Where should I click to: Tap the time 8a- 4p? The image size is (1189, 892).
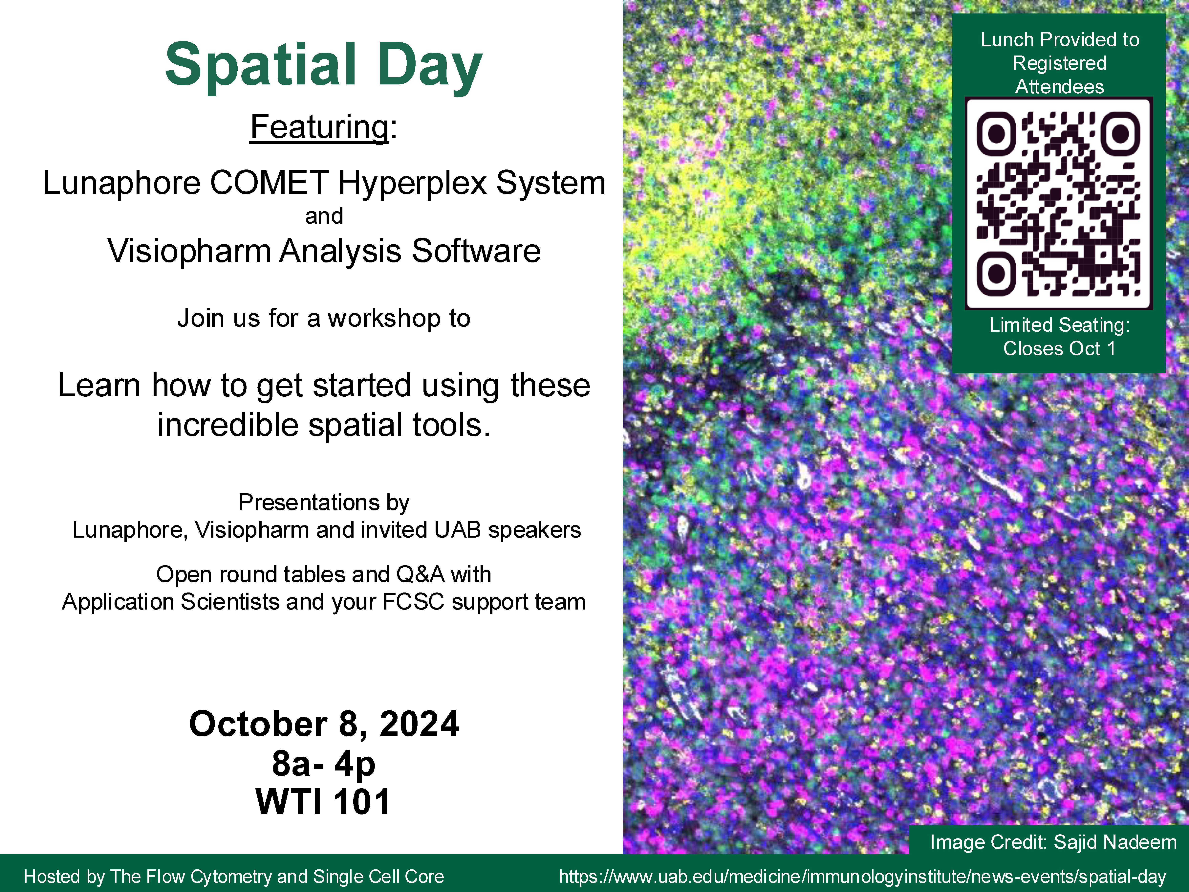tap(324, 764)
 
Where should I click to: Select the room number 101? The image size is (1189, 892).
tap(362, 802)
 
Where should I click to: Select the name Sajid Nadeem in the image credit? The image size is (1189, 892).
tap(1115, 842)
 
